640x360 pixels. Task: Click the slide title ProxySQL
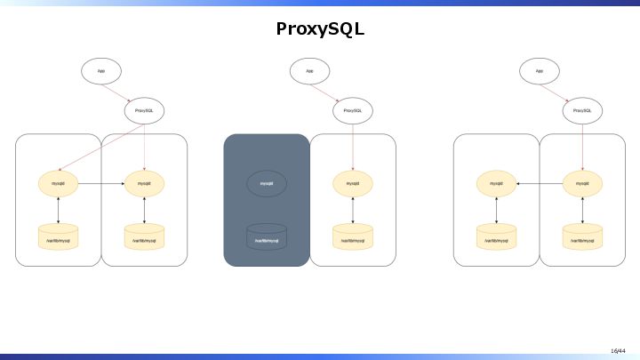pos(320,29)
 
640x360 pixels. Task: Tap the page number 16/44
pos(618,350)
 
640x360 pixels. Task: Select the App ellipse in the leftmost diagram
pos(101,70)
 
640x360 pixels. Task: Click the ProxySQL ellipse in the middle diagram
pos(353,111)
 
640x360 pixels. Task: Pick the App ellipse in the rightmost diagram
pos(540,70)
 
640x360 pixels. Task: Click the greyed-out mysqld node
pos(267,183)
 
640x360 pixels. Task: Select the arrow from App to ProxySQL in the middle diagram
pos(331,91)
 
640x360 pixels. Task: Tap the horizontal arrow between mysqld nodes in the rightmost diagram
pos(540,183)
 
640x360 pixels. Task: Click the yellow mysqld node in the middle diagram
pos(353,183)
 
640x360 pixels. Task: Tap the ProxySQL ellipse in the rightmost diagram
pos(582,111)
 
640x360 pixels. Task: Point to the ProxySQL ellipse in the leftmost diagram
pos(144,111)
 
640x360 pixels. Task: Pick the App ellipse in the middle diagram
pos(309,70)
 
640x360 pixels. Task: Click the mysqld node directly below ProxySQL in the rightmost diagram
pos(582,183)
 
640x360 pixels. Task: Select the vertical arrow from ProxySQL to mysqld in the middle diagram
pos(353,146)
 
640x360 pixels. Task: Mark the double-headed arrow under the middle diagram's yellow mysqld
pos(353,210)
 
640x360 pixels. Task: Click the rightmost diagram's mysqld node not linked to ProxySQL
pos(496,183)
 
